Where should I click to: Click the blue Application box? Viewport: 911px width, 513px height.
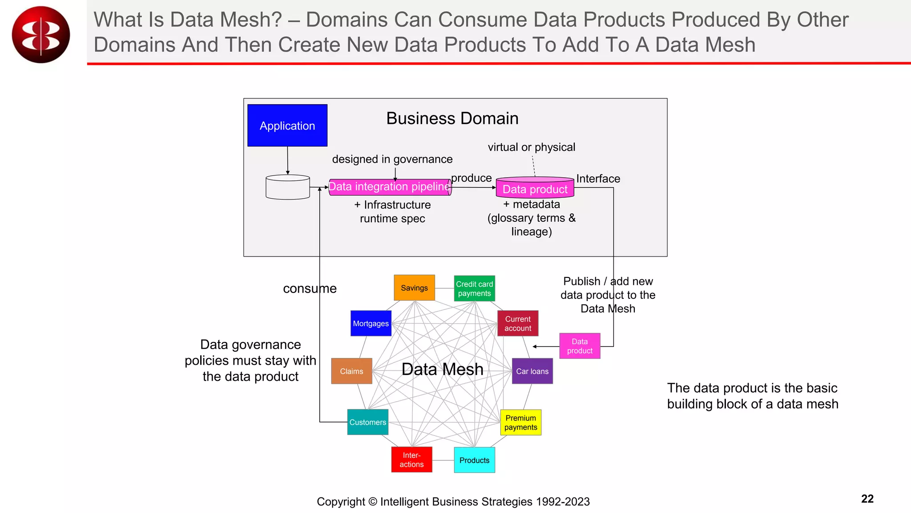pyautogui.click(x=287, y=126)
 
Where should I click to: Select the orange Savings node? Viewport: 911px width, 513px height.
pyautogui.click(x=414, y=288)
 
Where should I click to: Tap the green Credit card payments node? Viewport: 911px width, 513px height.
pyautogui.click(x=474, y=289)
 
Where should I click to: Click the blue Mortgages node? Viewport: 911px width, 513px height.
pyautogui.click(x=371, y=323)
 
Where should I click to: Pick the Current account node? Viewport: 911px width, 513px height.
pyautogui.click(x=518, y=323)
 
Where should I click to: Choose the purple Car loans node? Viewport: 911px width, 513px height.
pyautogui.click(x=532, y=371)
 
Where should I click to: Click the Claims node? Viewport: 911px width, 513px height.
pyautogui.click(x=351, y=371)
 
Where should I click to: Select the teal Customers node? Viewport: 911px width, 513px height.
pyautogui.click(x=367, y=422)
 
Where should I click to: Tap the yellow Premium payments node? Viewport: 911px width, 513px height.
pyautogui.click(x=520, y=422)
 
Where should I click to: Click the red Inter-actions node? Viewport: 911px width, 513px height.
pyautogui.click(x=411, y=460)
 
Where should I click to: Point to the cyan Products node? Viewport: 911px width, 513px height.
pyautogui.click(x=474, y=460)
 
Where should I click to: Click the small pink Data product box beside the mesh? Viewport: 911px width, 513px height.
pyautogui.click(x=580, y=346)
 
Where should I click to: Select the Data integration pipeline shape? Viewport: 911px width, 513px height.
pyautogui.click(x=390, y=187)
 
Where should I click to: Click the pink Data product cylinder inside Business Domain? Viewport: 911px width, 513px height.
pyautogui.click(x=535, y=188)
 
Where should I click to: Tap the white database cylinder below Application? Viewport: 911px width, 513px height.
pyautogui.click(x=287, y=187)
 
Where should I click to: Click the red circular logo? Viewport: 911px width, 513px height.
pyautogui.click(x=41, y=35)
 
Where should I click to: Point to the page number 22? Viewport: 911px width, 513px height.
pyautogui.click(x=867, y=498)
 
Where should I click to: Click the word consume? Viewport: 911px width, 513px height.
pyautogui.click(x=310, y=289)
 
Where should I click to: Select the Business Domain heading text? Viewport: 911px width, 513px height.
pyautogui.click(x=452, y=118)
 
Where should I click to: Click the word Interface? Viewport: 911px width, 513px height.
pyautogui.click(x=598, y=179)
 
